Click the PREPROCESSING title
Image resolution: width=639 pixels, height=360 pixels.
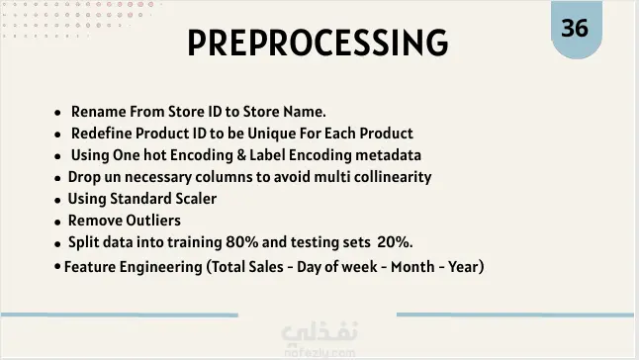pyautogui.click(x=318, y=43)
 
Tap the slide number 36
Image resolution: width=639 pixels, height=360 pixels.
pyautogui.click(x=575, y=28)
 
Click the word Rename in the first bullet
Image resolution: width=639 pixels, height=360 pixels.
pyautogui.click(x=98, y=112)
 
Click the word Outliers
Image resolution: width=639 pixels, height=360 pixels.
pyautogui.click(x=152, y=221)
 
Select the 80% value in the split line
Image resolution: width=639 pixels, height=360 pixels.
pyautogui.click(x=242, y=242)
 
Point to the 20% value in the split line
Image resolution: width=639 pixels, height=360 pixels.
pyautogui.click(x=395, y=242)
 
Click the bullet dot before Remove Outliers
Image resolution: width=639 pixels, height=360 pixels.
pyautogui.click(x=58, y=222)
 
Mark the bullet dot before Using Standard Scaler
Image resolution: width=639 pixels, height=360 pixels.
pyautogui.click(x=58, y=200)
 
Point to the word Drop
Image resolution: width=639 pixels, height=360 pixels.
pyautogui.click(x=84, y=178)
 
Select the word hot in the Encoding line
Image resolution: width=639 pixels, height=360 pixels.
pyautogui.click(x=154, y=155)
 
